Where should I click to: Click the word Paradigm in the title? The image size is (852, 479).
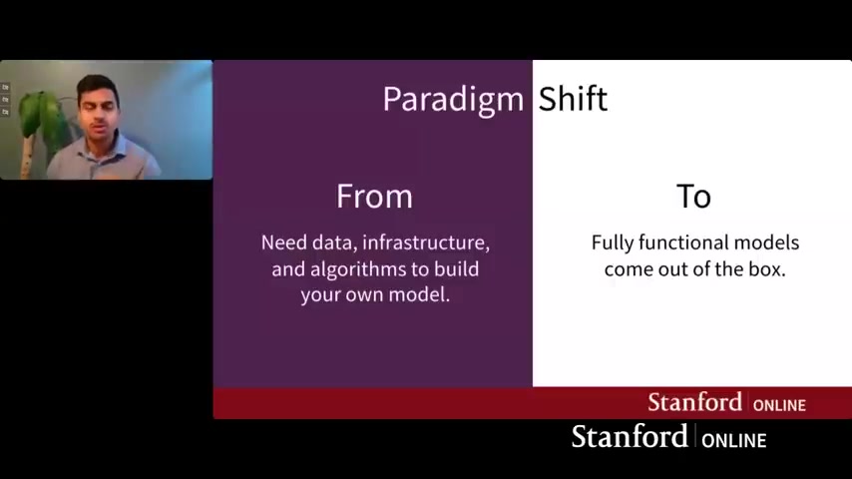click(x=453, y=100)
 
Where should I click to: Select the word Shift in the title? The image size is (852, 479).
click(x=573, y=99)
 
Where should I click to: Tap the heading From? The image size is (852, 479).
click(x=374, y=196)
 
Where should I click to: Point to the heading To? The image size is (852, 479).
click(x=694, y=197)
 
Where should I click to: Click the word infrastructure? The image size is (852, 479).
click(x=426, y=242)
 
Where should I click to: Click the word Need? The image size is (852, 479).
click(x=283, y=242)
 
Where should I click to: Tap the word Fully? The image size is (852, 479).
click(x=613, y=243)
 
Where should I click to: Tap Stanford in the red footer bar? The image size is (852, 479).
click(x=695, y=402)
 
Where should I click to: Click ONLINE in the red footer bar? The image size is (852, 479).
click(x=779, y=405)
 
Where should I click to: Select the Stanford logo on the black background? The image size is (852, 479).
click(x=668, y=437)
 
